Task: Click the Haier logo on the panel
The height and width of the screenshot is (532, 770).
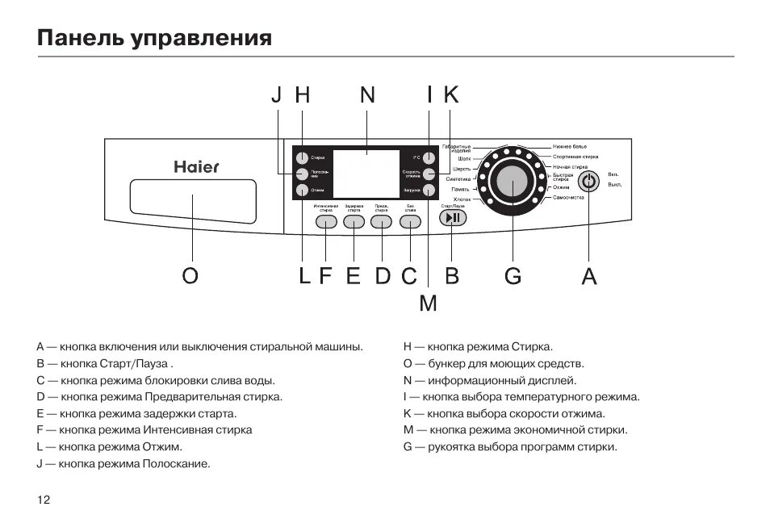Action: (x=196, y=167)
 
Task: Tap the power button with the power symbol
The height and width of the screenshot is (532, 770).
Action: (x=589, y=182)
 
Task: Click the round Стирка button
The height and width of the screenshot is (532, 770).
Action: (x=300, y=157)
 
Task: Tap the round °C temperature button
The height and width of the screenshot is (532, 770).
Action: (x=429, y=157)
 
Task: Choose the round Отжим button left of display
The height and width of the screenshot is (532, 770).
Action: (x=300, y=191)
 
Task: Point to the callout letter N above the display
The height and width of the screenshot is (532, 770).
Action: (x=367, y=95)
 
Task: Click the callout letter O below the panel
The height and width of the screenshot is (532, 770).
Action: (x=190, y=276)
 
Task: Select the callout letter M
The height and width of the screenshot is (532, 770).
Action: (x=428, y=304)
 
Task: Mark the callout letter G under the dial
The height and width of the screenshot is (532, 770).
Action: (x=513, y=276)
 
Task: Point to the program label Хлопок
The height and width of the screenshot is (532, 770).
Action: (x=462, y=199)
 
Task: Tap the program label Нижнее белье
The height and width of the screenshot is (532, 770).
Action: (x=570, y=146)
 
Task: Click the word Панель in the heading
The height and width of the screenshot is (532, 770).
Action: (x=76, y=38)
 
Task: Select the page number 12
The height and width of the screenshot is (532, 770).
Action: (x=44, y=500)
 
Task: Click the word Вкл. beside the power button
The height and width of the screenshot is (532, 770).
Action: (x=613, y=174)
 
